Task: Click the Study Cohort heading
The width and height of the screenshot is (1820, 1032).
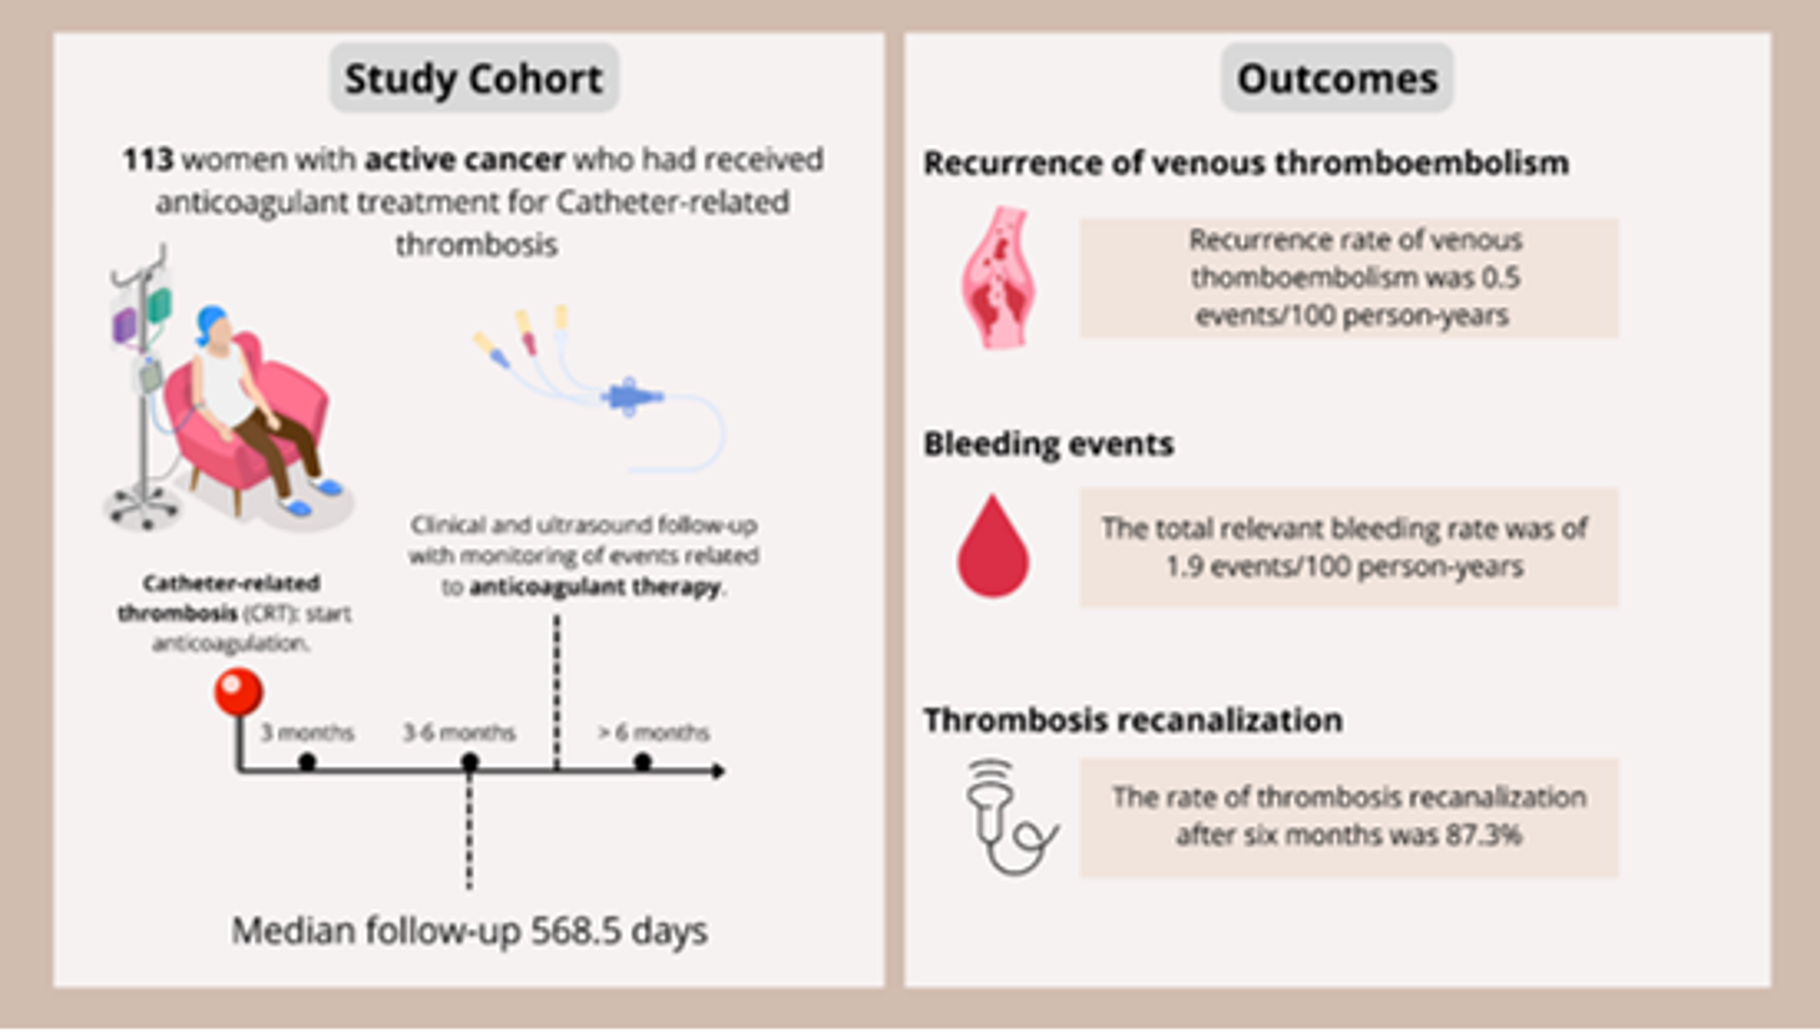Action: coord(474,79)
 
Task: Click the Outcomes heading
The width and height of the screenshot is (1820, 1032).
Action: coord(1337,79)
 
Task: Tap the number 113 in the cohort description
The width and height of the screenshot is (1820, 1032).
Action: coord(148,160)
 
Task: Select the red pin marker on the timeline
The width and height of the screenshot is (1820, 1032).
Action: coord(238,691)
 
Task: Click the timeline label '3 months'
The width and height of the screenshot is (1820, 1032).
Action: coord(307,733)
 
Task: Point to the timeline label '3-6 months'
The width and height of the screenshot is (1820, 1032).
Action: coord(459,733)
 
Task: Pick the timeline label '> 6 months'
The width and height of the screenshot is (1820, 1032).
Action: coord(653,733)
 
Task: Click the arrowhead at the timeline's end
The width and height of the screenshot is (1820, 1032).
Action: coord(719,771)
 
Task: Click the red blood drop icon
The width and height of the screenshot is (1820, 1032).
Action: coord(992,548)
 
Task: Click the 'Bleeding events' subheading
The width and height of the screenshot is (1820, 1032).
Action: coord(1048,443)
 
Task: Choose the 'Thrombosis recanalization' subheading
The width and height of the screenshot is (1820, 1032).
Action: coord(1132,720)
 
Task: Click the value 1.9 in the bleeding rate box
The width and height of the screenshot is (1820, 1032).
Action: coord(1184,566)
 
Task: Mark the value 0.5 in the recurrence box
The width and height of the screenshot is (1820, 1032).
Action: coord(1501,278)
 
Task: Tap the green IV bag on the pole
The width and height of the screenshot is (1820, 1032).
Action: coord(159,305)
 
